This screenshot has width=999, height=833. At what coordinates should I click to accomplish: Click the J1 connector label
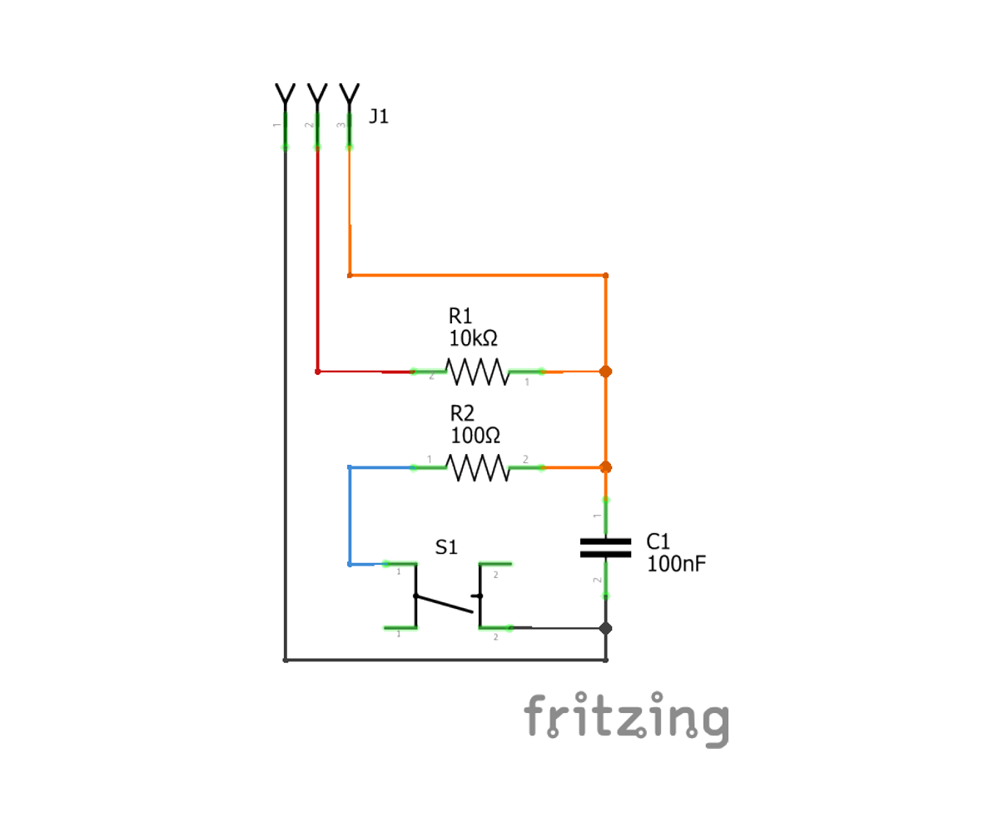tap(379, 117)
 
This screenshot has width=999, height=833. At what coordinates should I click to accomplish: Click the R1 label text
tap(460, 317)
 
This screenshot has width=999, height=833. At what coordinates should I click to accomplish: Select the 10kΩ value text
tap(473, 339)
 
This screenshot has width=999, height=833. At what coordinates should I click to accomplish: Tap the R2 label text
tap(462, 413)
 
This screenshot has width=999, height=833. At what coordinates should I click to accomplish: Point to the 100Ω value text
tap(475, 435)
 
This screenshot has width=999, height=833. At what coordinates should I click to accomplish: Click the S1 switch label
tap(447, 547)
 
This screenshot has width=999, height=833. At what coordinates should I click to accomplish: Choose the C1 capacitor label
tap(659, 542)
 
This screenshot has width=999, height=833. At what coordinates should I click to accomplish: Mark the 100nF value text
tap(677, 564)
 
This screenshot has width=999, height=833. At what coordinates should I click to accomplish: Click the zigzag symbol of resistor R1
tap(477, 372)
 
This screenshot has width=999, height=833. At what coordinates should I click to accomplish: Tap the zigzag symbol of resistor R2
tap(477, 468)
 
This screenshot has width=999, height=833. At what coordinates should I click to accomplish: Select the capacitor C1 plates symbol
tap(605, 546)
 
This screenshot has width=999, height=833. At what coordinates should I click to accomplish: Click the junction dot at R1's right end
tap(605, 372)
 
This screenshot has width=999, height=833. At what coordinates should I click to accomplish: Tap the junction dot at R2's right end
tap(605, 468)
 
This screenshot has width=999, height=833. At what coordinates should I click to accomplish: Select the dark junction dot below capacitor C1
tap(605, 628)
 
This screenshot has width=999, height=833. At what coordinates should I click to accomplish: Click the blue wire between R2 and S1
tap(350, 516)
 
